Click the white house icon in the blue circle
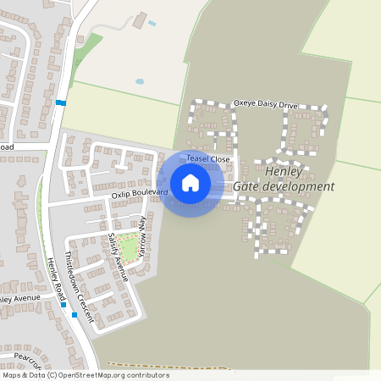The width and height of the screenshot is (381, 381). [190, 183]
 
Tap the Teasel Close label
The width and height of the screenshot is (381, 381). [208, 158]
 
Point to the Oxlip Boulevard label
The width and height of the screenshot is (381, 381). [140, 194]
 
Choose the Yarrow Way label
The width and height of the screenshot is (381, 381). [142, 236]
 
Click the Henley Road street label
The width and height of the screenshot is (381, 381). [56, 276]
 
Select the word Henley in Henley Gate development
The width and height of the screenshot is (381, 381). [283, 171]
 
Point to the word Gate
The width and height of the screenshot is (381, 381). [246, 186]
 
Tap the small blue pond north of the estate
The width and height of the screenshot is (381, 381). [140, 82]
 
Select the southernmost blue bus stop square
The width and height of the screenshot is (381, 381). [75, 315]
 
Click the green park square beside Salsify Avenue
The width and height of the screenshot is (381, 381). [129, 247]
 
